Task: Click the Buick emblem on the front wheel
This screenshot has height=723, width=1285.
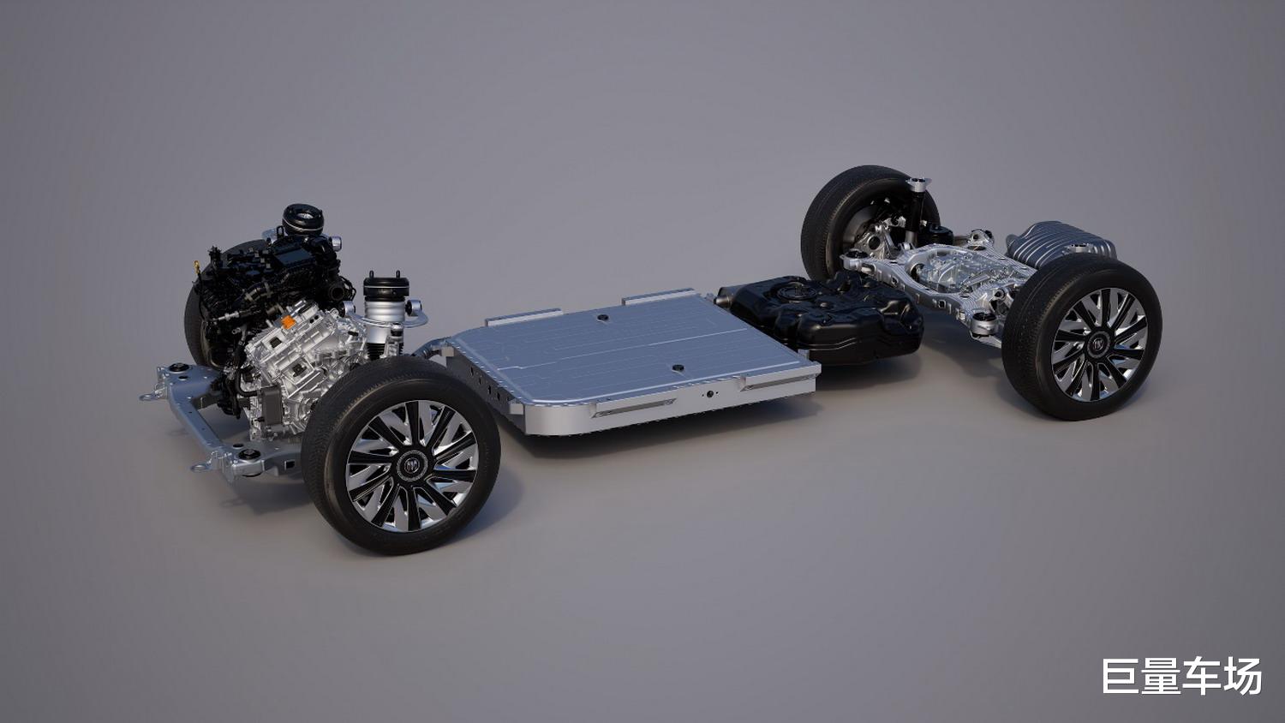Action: click(412, 465)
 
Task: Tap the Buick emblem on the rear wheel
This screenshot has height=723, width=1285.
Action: click(1098, 344)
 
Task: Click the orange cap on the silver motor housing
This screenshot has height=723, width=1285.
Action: click(288, 322)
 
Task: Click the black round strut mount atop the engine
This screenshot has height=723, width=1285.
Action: click(302, 218)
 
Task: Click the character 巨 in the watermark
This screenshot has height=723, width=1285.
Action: click(1121, 676)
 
